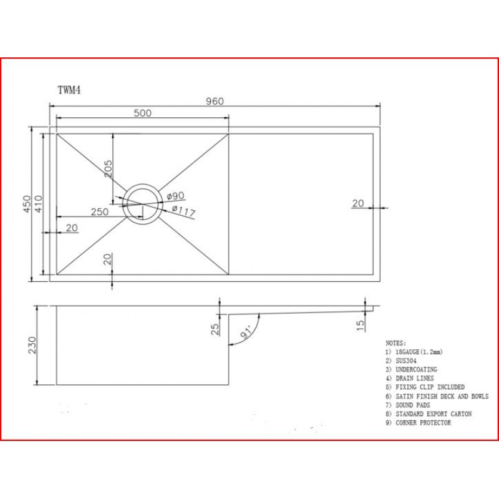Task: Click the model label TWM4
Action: pyautogui.click(x=69, y=90)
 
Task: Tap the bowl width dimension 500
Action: pyautogui.click(x=143, y=113)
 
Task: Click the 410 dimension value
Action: pyautogui.click(x=39, y=204)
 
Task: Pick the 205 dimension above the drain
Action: pyautogui.click(x=108, y=168)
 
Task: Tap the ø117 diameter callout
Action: pyautogui.click(x=183, y=212)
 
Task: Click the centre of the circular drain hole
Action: pyautogui.click(x=142, y=203)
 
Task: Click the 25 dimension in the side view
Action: pyautogui.click(x=215, y=329)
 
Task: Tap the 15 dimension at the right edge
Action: pyautogui.click(x=361, y=325)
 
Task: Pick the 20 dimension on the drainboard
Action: pyautogui.click(x=357, y=203)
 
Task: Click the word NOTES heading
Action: pyautogui.click(x=395, y=343)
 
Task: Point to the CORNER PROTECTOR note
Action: pyautogui.click(x=423, y=423)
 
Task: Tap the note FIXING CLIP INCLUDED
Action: pyautogui.click(x=430, y=387)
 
